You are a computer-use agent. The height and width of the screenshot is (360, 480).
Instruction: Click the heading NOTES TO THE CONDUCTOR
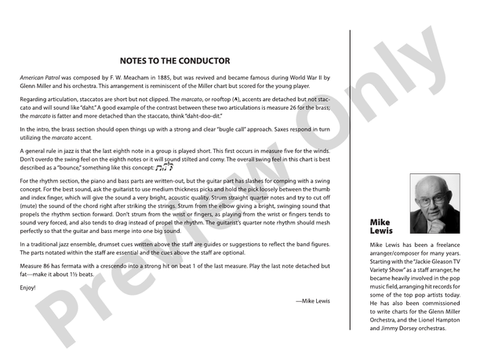[x=175, y=60]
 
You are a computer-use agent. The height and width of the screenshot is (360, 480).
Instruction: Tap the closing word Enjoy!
[x=29, y=288]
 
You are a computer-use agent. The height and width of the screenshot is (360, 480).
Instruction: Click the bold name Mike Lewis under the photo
[x=380, y=227]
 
